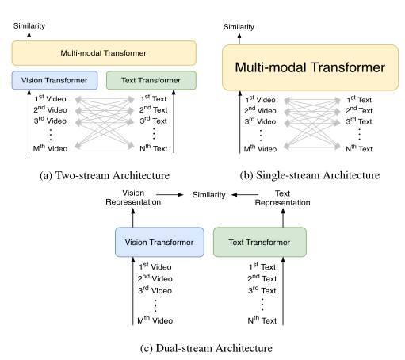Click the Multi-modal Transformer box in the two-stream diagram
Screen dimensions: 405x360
click(104, 53)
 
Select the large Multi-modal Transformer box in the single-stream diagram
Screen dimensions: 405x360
click(310, 67)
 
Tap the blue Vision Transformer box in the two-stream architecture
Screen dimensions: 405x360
click(55, 80)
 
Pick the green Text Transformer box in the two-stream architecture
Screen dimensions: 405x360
click(151, 80)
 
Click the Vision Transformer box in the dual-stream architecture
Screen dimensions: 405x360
click(159, 242)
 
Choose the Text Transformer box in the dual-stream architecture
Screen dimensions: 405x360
click(260, 242)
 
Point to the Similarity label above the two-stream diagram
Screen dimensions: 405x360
click(29, 26)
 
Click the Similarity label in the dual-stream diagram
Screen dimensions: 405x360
click(208, 195)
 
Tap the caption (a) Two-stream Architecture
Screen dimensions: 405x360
click(105, 175)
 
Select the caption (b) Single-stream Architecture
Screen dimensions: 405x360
click(310, 175)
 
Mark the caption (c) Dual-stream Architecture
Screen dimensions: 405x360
click(206, 348)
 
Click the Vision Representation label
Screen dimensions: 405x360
click(133, 197)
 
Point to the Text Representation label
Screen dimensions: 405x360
click(282, 198)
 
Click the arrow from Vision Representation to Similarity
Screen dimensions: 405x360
click(170, 195)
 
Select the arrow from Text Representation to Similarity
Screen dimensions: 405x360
click(245, 195)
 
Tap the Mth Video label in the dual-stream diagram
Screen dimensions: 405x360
click(155, 320)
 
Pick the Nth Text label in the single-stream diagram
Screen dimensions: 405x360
click(359, 149)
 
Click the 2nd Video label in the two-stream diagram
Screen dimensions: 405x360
click(50, 109)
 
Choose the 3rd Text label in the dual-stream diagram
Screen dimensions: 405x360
click(262, 290)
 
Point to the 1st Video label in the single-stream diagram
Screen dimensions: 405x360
click(260, 99)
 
